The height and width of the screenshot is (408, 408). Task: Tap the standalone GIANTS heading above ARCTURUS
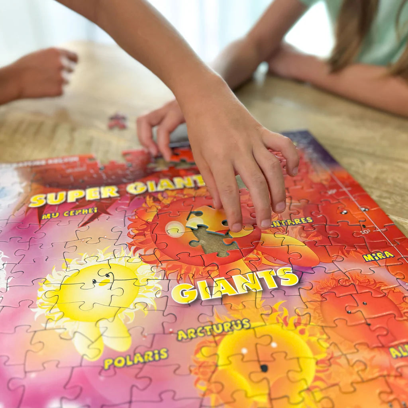pyautogui.click(x=235, y=284)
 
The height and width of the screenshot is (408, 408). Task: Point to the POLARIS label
pyautogui.click(x=135, y=359)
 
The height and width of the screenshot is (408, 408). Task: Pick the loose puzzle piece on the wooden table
pyautogui.click(x=117, y=122)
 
